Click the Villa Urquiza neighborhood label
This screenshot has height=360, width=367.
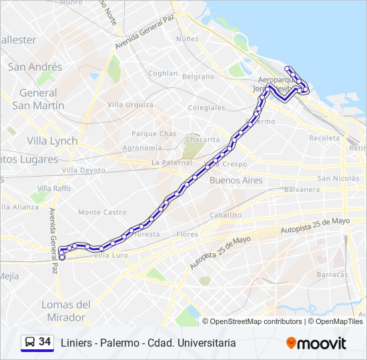[x=130, y=105]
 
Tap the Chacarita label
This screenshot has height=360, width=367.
[x=202, y=139]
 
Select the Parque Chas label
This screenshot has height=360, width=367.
[x=153, y=133]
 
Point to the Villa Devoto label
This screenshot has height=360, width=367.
[x=83, y=170]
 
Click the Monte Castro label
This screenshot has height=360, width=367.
[x=102, y=212]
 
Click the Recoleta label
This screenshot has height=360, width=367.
[x=324, y=138]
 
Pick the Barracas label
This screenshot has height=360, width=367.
[x=332, y=274]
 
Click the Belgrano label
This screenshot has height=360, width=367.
[x=198, y=77]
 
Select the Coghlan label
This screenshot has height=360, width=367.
[x=163, y=73]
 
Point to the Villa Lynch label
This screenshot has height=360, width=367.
[x=52, y=141]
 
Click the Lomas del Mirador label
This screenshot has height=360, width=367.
[x=65, y=311]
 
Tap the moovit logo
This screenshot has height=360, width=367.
[x=316, y=343]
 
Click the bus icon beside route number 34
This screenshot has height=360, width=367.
[x=29, y=342]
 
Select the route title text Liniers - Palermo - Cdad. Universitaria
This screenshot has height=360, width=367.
[x=148, y=343]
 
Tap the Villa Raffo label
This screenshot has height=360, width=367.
[x=53, y=189]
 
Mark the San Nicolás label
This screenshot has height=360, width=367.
[x=338, y=178]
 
